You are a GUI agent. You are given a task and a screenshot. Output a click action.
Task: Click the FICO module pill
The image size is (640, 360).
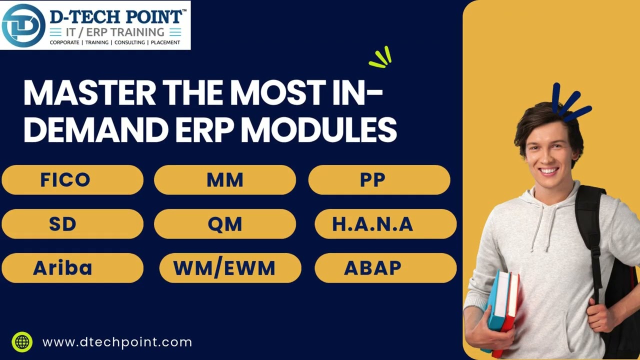[x=72, y=180]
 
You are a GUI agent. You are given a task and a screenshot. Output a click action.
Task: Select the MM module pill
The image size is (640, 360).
[x=225, y=180]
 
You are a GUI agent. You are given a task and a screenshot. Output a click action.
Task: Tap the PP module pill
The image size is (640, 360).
[x=379, y=180]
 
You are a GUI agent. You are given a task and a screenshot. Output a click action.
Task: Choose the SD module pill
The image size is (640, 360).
[x=72, y=224]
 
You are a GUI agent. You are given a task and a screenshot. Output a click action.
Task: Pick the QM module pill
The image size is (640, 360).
[x=225, y=224]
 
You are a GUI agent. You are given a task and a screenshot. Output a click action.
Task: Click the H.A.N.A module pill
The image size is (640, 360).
[x=385, y=224]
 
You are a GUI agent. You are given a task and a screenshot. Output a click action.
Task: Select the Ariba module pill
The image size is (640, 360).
[x=72, y=268]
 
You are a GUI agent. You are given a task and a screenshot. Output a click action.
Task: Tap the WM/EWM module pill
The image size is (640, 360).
[x=230, y=268]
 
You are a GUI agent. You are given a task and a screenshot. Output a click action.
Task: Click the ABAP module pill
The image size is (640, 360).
[x=385, y=268]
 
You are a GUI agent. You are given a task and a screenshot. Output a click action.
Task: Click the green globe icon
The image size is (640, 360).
[x=22, y=342]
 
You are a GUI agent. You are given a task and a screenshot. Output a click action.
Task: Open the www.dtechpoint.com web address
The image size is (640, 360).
[x=117, y=342]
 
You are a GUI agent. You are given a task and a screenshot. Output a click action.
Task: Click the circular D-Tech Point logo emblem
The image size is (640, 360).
[x=23, y=25]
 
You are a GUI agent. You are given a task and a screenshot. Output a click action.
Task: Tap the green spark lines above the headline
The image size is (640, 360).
[x=381, y=57]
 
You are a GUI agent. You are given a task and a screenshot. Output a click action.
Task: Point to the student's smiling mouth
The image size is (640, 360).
[x=548, y=170]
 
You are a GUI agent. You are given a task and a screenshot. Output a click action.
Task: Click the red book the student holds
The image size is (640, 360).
[x=510, y=310]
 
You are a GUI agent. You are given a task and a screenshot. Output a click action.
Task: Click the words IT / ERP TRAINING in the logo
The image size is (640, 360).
[x=115, y=32]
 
